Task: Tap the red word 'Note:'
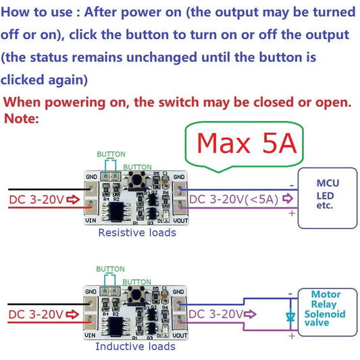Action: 22,119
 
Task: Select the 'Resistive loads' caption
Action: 137,232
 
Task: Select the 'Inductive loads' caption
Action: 135,346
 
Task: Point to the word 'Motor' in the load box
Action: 326,294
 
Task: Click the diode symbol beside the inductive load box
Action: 290,315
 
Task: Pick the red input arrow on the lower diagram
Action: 74,315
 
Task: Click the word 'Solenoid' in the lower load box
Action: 326,315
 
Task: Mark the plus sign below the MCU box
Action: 292,213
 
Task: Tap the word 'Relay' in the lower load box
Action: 325,305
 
